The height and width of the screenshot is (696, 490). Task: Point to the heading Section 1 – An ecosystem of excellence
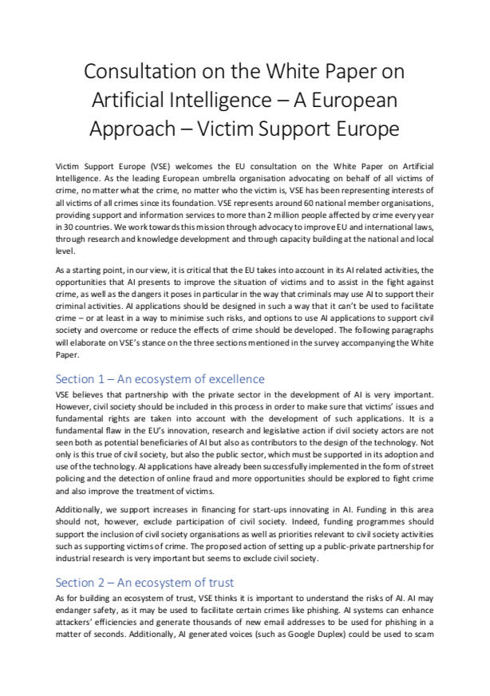tap(160, 379)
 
